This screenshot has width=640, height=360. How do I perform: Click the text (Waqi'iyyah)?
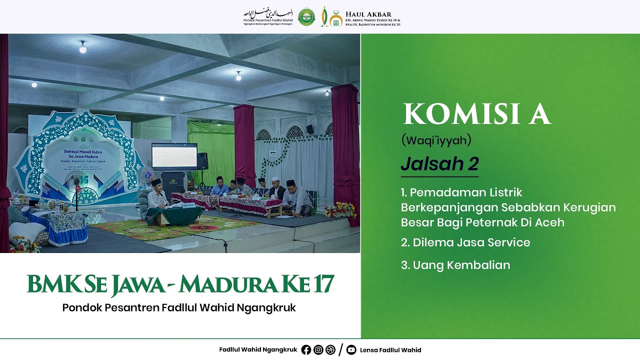[436, 140]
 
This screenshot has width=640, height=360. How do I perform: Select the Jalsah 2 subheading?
[439, 164]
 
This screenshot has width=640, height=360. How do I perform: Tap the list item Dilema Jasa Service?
[465, 242]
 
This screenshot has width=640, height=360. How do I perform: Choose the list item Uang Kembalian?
[455, 265]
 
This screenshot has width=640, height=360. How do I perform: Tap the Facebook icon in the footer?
[306, 350]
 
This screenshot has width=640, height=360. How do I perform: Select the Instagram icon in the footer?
[318, 350]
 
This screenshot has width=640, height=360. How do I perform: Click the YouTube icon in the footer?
[351, 350]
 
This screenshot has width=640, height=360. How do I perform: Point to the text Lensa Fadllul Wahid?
[390, 350]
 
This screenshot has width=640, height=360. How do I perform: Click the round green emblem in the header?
[306, 17]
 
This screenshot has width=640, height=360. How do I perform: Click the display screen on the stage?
[174, 156]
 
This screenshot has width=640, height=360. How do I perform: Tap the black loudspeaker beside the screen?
[202, 161]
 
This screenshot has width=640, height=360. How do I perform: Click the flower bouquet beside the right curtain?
[340, 210]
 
